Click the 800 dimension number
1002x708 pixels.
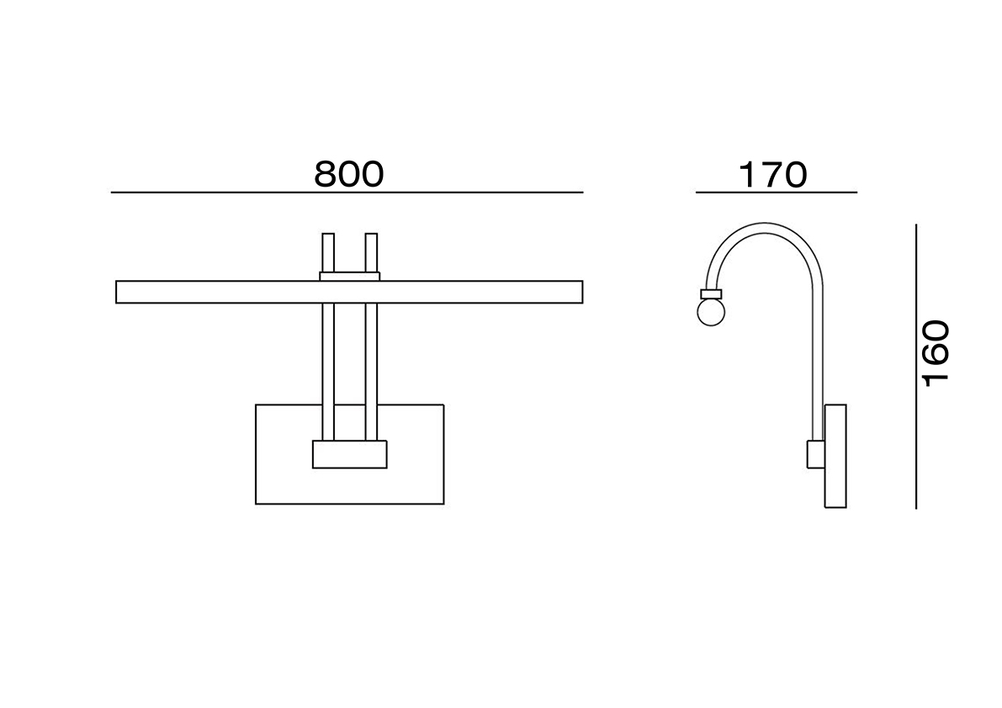(349, 174)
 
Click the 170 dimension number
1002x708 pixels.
(773, 175)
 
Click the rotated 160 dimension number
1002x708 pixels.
(936, 353)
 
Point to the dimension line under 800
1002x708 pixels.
(347, 193)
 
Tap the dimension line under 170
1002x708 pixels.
(777, 193)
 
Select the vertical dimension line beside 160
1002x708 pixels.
(916, 367)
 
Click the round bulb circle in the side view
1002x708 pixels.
(711, 312)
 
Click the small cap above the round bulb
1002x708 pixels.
(711, 294)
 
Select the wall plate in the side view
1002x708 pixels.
(836, 456)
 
